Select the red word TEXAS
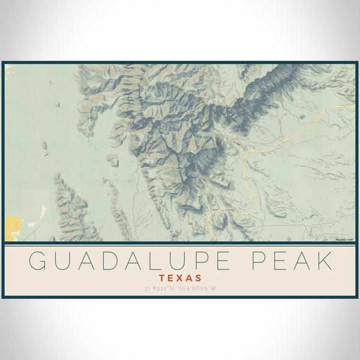tap(181, 278)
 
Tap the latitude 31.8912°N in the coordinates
tap(159, 289)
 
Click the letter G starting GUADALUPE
tap(37, 261)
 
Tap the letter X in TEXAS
tap(180, 278)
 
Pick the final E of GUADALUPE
tap(218, 261)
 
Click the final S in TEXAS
tap(199, 278)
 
